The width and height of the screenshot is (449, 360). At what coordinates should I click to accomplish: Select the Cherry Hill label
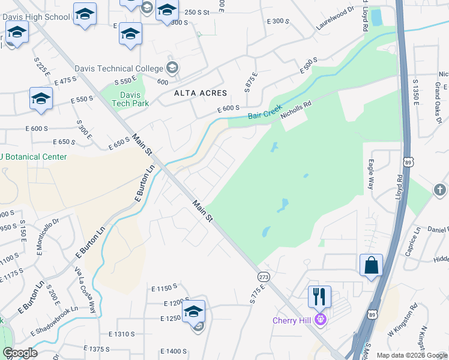pyautogui.click(x=292, y=320)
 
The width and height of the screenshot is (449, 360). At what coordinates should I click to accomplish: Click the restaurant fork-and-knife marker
pyautogui.click(x=319, y=296)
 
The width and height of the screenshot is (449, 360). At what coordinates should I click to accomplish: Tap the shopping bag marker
pyautogui.click(x=371, y=265)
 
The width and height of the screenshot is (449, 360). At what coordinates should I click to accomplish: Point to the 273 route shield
pyautogui.click(x=263, y=277)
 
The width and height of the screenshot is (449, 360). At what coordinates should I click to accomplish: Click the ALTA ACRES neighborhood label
pyautogui.click(x=200, y=93)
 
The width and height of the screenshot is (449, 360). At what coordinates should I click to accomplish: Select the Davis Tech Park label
pyautogui.click(x=130, y=99)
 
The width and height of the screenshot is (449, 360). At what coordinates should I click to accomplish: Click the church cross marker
pyautogui.click(x=439, y=190)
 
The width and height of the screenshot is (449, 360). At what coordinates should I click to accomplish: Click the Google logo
pyautogui.click(x=20, y=353)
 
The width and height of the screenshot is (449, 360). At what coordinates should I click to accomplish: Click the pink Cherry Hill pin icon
pyautogui.click(x=321, y=319)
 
